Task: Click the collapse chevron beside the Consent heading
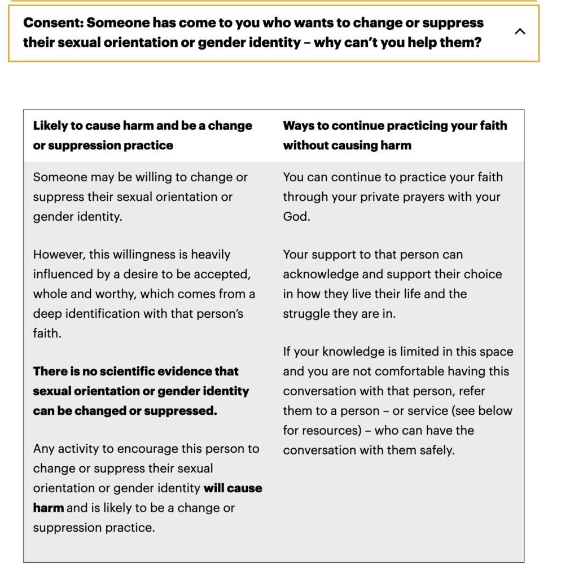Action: [x=520, y=32]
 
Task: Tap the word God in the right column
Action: [x=295, y=217]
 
